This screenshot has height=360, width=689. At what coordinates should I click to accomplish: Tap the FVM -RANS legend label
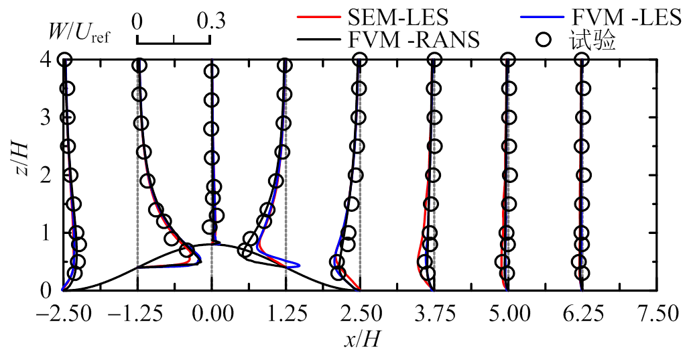(x=414, y=40)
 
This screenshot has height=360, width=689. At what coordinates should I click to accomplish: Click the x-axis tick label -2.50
(x=64, y=313)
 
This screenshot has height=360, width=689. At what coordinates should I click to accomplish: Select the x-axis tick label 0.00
(x=212, y=313)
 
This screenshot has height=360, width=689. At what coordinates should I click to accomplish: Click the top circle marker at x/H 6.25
(x=582, y=60)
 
